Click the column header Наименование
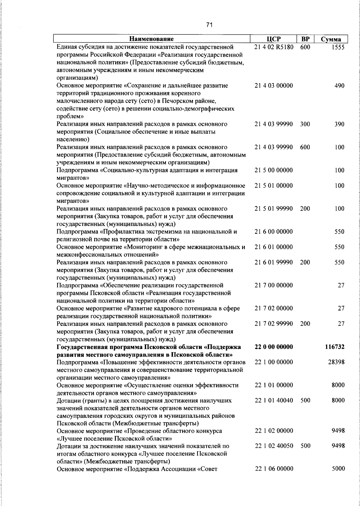pos(151,39)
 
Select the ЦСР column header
pos(273,39)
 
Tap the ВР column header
pos(305,39)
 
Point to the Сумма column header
pos(331,39)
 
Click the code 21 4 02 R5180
pos(274,47)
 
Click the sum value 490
pos(339,86)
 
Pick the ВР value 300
pos(305,124)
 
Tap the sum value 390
pos(339,124)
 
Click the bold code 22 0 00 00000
pos(274,347)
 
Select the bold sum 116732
pos(334,347)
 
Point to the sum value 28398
pos(336,362)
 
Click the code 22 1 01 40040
pos(274,400)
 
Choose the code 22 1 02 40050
pos(274,446)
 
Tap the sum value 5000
pos(338,469)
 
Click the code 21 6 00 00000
pos(274,232)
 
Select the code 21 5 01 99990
pos(274,209)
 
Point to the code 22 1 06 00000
pos(274,469)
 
